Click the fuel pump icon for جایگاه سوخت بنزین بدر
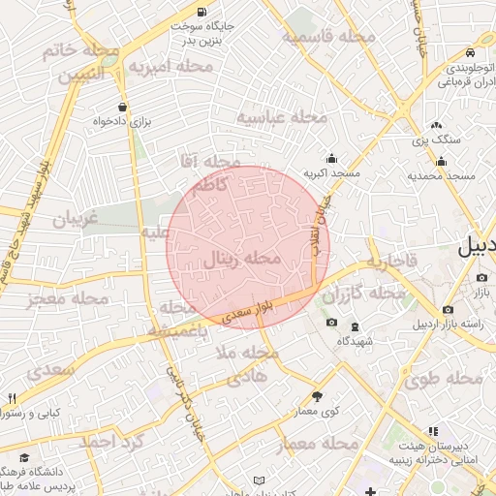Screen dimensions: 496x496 click(x=201, y=13)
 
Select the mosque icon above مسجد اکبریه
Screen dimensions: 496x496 click(x=332, y=158)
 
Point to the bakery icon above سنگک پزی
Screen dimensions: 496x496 click(x=436, y=125)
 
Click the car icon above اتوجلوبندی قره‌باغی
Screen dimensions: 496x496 click(x=469, y=52)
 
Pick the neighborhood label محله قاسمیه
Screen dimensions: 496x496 click(x=328, y=37)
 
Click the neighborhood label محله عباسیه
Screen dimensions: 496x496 click(x=284, y=117)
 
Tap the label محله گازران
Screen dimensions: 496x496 click(x=363, y=293)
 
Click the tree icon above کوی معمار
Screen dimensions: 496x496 click(x=317, y=396)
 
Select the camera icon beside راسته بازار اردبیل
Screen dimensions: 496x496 click(x=448, y=310)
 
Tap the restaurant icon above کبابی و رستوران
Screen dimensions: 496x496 click(x=12, y=397)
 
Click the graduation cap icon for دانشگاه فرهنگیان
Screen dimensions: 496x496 click(x=23, y=457)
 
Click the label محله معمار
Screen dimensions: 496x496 click(x=318, y=445)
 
